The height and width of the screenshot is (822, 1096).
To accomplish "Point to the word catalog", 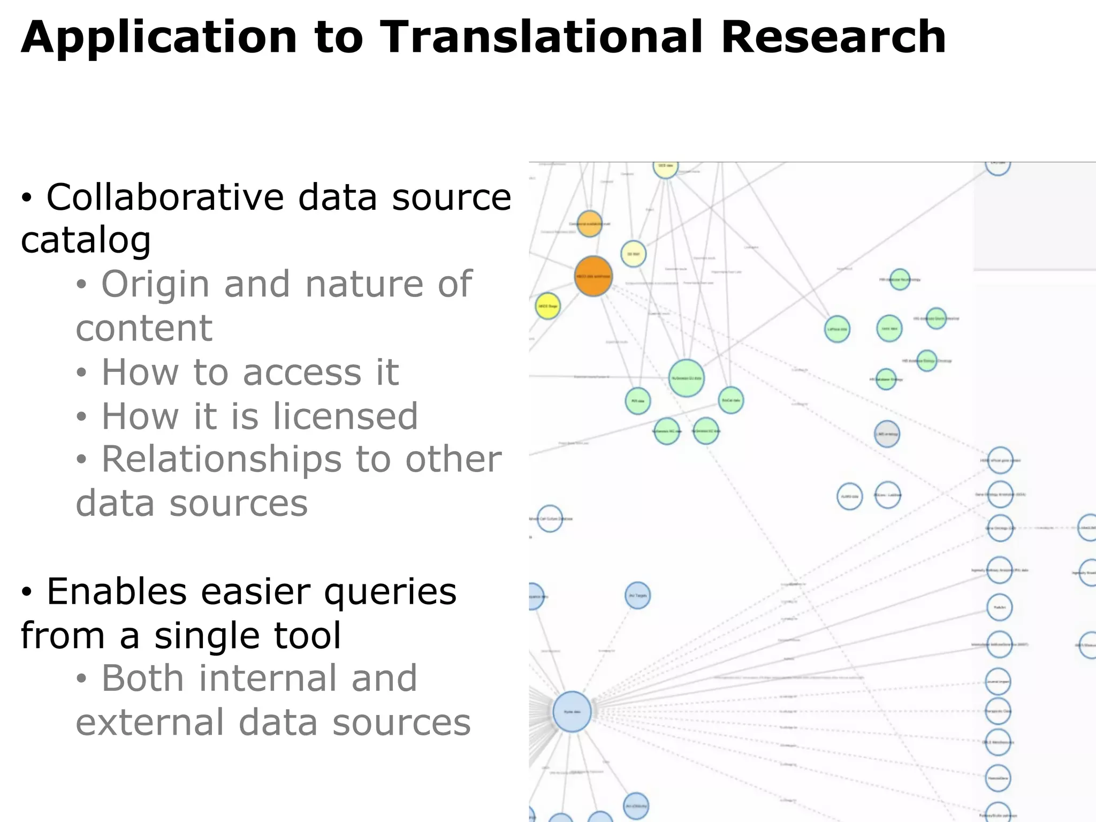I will pos(86,240).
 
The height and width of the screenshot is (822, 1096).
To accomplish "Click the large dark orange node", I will pos(593,276).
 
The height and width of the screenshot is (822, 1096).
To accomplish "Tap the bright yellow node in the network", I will pos(547,306).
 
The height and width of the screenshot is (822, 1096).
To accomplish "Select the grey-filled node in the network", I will pos(887,434).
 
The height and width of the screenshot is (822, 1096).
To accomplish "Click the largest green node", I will pos(686,378).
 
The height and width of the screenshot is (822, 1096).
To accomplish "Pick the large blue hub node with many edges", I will pos(572,711).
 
